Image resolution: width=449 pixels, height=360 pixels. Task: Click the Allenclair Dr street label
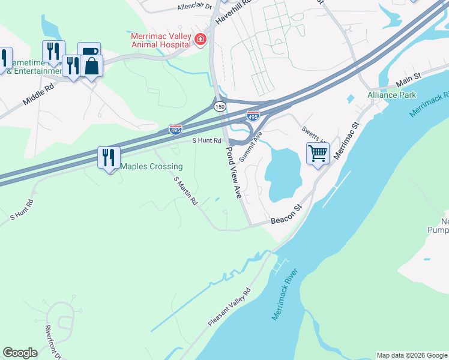194,7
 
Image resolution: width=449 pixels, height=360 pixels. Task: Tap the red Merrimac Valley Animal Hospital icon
200,40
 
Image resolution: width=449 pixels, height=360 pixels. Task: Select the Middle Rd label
38,95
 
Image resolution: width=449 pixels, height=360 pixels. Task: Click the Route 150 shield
220,106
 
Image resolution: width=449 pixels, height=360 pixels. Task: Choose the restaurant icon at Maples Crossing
109,158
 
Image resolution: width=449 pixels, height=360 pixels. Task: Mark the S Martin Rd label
185,191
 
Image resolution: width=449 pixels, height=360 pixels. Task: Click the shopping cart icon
318,153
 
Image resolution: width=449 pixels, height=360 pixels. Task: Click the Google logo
20,353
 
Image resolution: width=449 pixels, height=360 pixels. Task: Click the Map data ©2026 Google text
412,355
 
